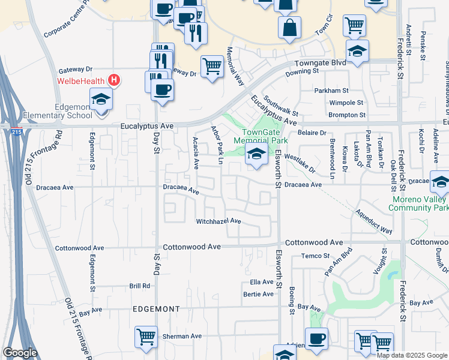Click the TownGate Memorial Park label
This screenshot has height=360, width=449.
(x=265, y=136)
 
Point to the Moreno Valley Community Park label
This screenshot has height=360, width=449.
(x=418, y=203)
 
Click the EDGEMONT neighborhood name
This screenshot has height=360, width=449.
(x=155, y=309)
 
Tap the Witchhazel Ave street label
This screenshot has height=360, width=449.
(x=218, y=221)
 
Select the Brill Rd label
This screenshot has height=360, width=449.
(x=139, y=286)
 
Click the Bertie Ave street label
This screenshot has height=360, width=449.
(x=258, y=294)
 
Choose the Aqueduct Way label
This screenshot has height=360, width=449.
(x=373, y=222)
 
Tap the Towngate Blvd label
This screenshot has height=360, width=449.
(x=320, y=63)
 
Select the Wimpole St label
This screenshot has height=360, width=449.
(x=348, y=103)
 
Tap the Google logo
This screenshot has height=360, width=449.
(x=20, y=353)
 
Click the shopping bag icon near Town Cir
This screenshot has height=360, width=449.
(x=289, y=27)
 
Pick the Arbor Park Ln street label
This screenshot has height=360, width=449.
(x=215, y=145)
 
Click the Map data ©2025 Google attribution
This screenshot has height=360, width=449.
(x=412, y=355)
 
